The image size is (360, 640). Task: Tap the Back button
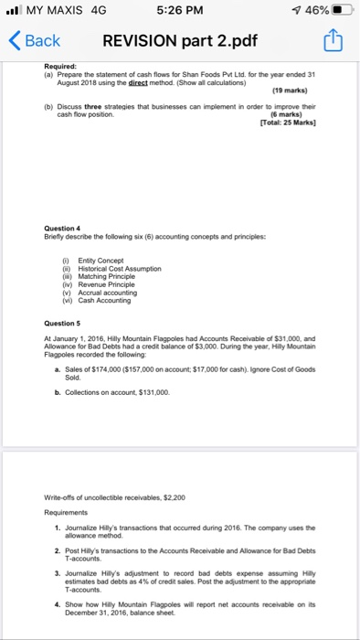tap(34, 40)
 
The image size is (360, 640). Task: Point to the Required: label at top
tap(62, 66)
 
